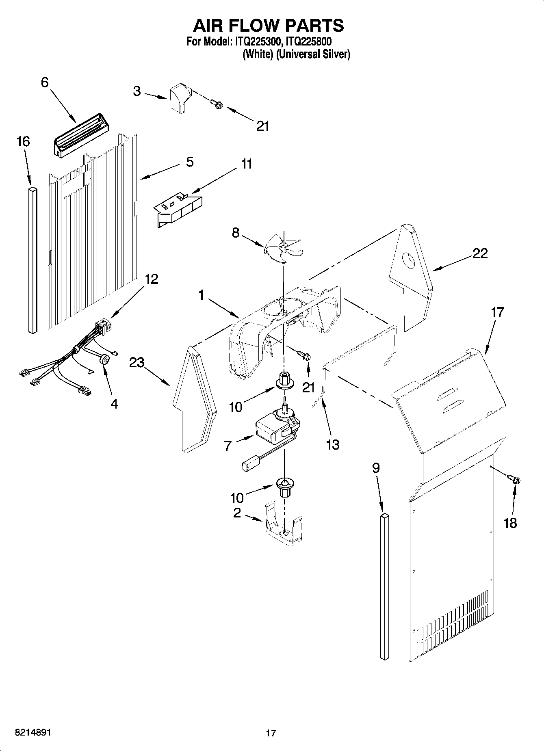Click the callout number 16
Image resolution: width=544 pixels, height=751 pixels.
23,142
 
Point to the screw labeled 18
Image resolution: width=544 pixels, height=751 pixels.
516,480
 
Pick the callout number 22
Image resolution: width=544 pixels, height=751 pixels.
480,253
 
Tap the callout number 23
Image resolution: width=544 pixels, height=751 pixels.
137,362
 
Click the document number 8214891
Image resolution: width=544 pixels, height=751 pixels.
33,732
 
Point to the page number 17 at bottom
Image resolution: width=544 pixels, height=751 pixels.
271,733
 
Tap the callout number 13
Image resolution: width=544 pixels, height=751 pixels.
332,445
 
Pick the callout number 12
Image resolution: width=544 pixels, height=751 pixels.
152,279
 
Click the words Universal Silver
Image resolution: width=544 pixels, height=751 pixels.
313,54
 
